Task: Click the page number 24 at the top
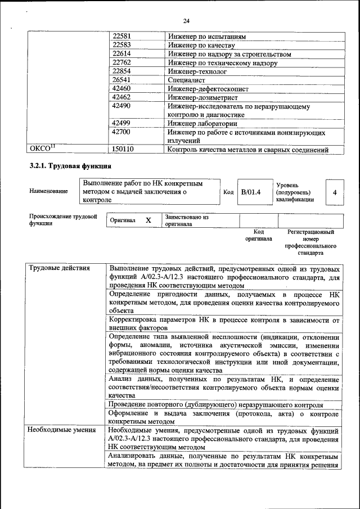186,21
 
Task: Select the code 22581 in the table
121,37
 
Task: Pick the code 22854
121,71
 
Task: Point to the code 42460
121,89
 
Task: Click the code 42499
121,124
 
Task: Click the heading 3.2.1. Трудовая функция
70,166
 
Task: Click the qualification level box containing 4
335,192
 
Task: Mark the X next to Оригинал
148,220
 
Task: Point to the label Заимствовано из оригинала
186,220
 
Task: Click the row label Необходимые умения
58,430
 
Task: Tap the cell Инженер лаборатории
202,124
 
